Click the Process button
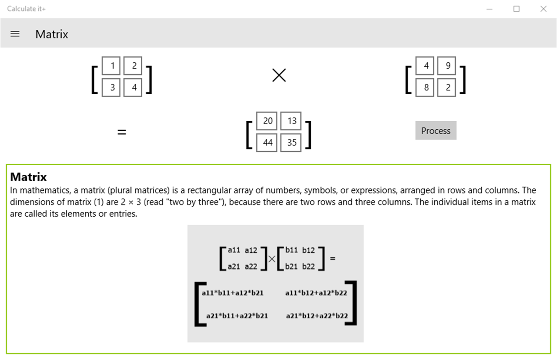(x=436, y=131)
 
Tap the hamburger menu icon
(x=15, y=34)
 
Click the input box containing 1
(x=113, y=66)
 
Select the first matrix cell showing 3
(x=113, y=87)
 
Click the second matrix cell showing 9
(x=448, y=66)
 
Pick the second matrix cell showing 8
(x=426, y=87)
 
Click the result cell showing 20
(x=268, y=121)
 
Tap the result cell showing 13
(x=292, y=121)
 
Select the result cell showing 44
(x=268, y=142)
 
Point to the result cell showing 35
(x=292, y=142)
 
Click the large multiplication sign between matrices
(x=279, y=75)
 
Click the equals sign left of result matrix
(x=122, y=132)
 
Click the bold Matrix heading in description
(x=28, y=177)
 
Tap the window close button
(x=543, y=9)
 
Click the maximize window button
(x=516, y=9)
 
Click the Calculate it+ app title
(x=26, y=9)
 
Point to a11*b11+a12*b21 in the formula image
(x=233, y=293)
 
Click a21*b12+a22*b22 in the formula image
(x=317, y=316)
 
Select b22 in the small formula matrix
(x=308, y=266)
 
